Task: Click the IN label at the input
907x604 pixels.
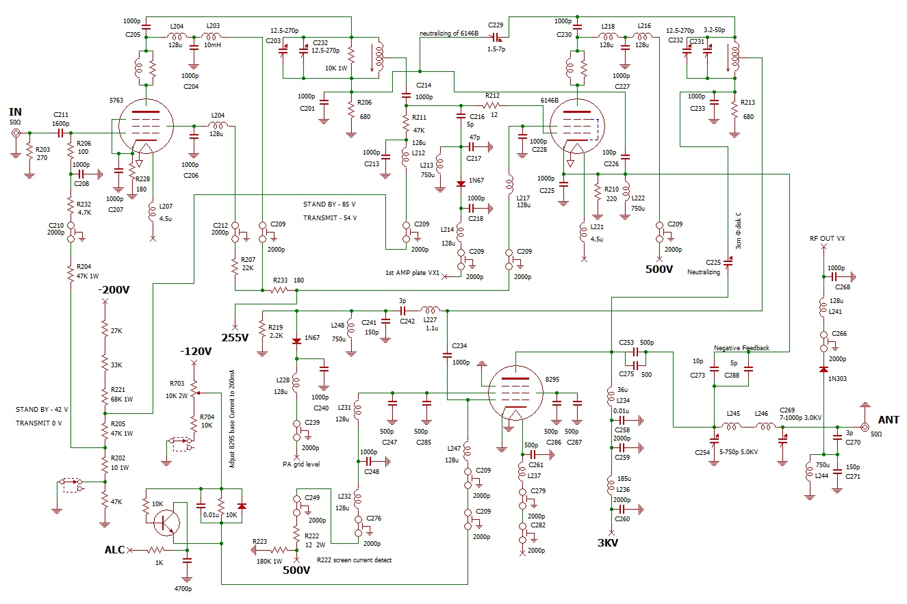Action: point(15,111)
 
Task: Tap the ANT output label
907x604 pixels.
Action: point(889,420)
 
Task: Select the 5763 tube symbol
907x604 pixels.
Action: point(146,127)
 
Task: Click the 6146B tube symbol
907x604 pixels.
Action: point(577,127)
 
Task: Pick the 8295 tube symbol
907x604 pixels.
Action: point(515,393)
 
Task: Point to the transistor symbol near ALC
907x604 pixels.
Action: point(167,523)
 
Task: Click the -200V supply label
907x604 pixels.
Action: point(114,289)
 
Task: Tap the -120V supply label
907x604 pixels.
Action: point(196,351)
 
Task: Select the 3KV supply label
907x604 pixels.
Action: point(608,543)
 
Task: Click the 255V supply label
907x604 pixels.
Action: point(235,338)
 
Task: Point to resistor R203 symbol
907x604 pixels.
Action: point(29,153)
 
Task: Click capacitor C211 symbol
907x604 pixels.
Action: point(61,133)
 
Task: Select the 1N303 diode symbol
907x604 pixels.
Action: point(823,369)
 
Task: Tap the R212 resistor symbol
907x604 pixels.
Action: point(491,105)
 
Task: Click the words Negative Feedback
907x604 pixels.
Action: point(741,348)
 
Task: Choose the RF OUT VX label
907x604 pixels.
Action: point(827,239)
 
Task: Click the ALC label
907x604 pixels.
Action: point(114,550)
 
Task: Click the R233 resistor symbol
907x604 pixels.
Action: point(279,290)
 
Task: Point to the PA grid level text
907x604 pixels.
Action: point(301,464)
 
